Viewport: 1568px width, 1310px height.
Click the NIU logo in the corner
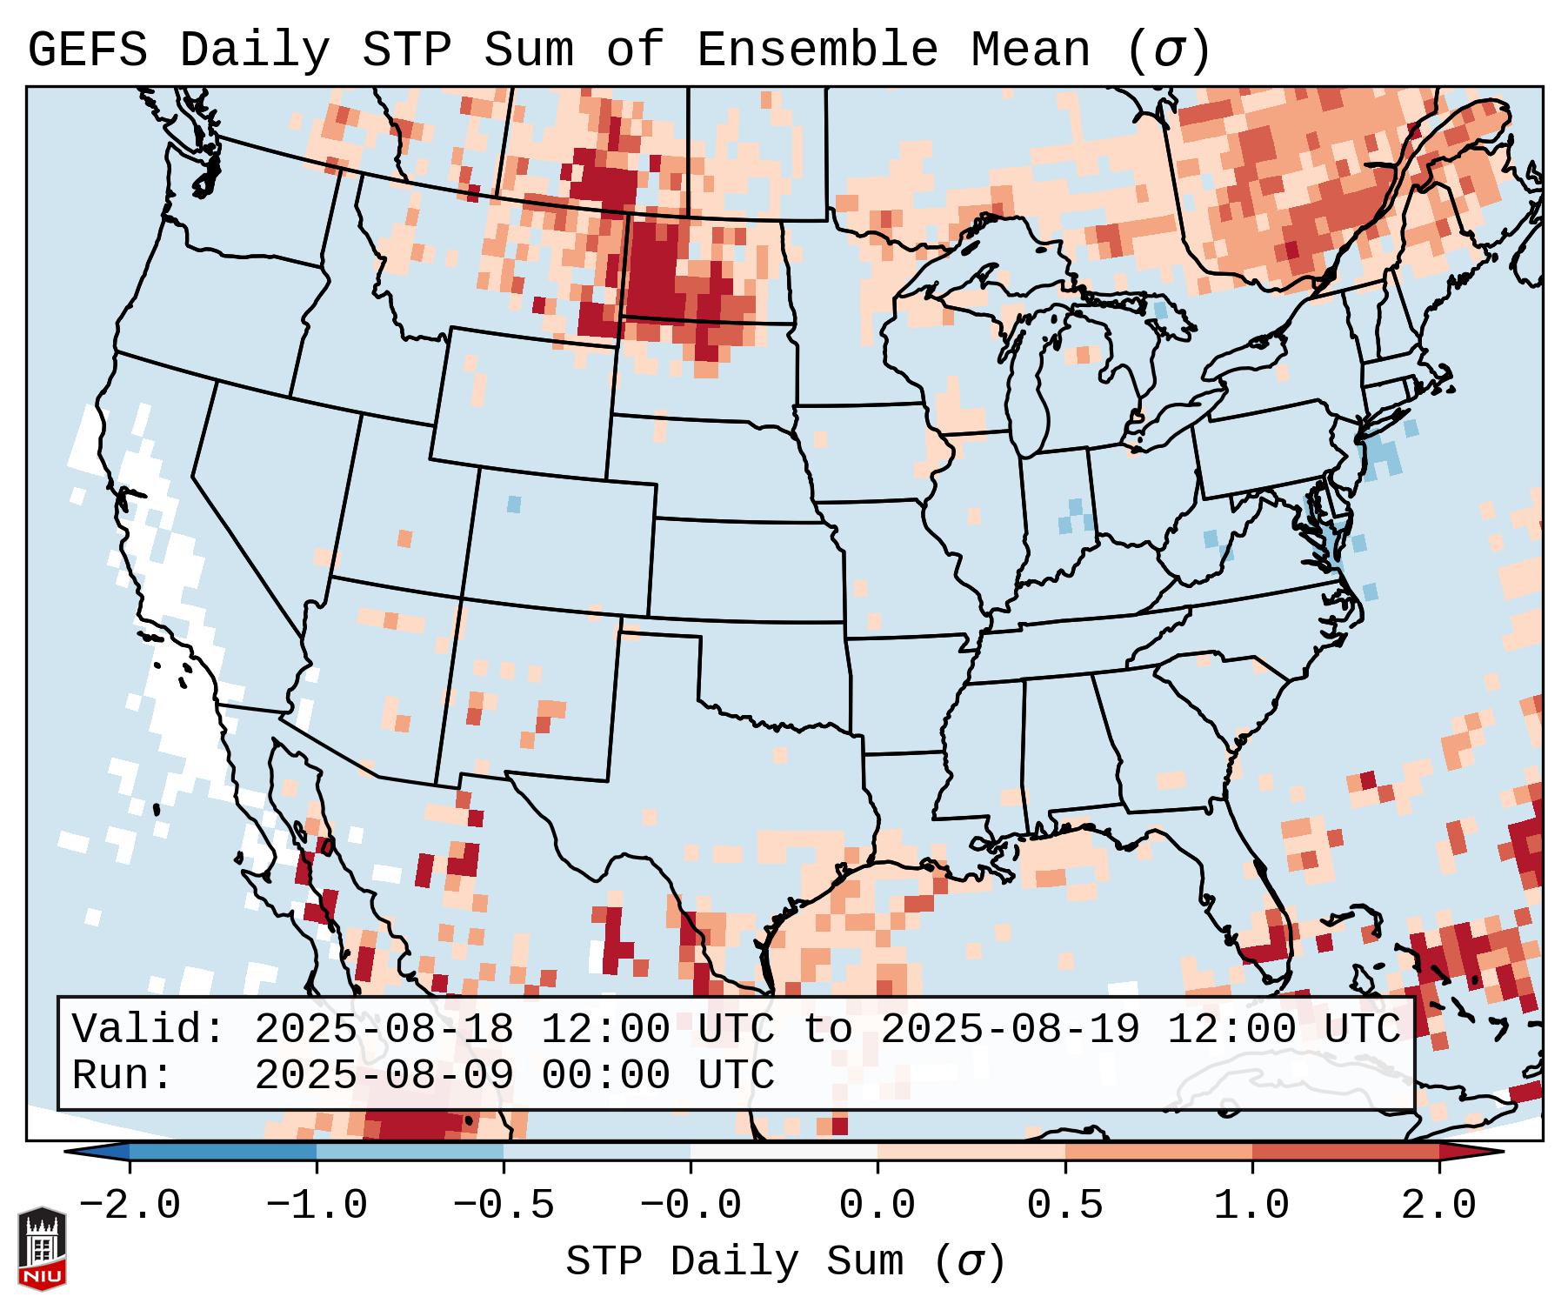[42, 1248]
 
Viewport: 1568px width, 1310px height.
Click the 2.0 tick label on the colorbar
[1438, 1206]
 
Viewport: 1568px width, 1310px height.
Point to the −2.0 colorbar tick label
[130, 1206]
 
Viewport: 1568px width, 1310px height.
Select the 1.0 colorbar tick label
[1251, 1206]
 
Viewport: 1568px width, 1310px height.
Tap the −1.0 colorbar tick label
[317, 1206]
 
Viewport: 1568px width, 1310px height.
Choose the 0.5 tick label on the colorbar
[1064, 1206]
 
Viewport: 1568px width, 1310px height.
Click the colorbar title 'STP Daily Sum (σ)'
[785, 1262]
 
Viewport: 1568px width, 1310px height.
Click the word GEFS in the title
[88, 50]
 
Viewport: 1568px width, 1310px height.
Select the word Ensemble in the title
[817, 50]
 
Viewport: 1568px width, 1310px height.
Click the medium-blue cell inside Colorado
[514, 504]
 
